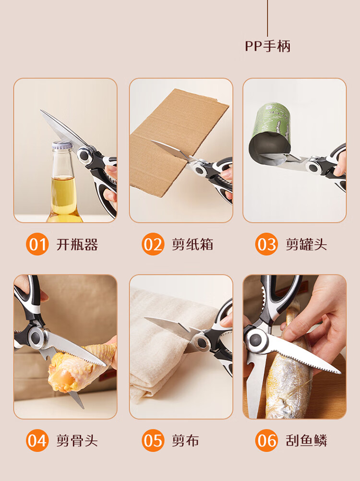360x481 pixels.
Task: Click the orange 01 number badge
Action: pos(37,244)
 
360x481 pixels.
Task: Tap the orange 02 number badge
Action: pos(153,244)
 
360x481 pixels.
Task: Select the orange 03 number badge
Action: pos(266,244)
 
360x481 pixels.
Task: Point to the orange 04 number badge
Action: pos(37,441)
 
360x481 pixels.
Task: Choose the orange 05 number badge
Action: pos(153,441)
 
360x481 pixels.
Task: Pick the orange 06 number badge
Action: pos(266,441)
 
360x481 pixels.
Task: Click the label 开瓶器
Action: pos(77,244)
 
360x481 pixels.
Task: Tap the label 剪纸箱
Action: pos(192,244)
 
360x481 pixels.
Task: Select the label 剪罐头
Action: pos(306,244)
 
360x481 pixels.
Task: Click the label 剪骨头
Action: pos(77,441)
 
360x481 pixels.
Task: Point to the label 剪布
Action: pos(185,441)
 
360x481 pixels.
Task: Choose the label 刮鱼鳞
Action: pos(306,441)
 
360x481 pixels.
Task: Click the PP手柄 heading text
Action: pos(267,46)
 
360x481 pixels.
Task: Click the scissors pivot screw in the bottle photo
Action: pos(84,155)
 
